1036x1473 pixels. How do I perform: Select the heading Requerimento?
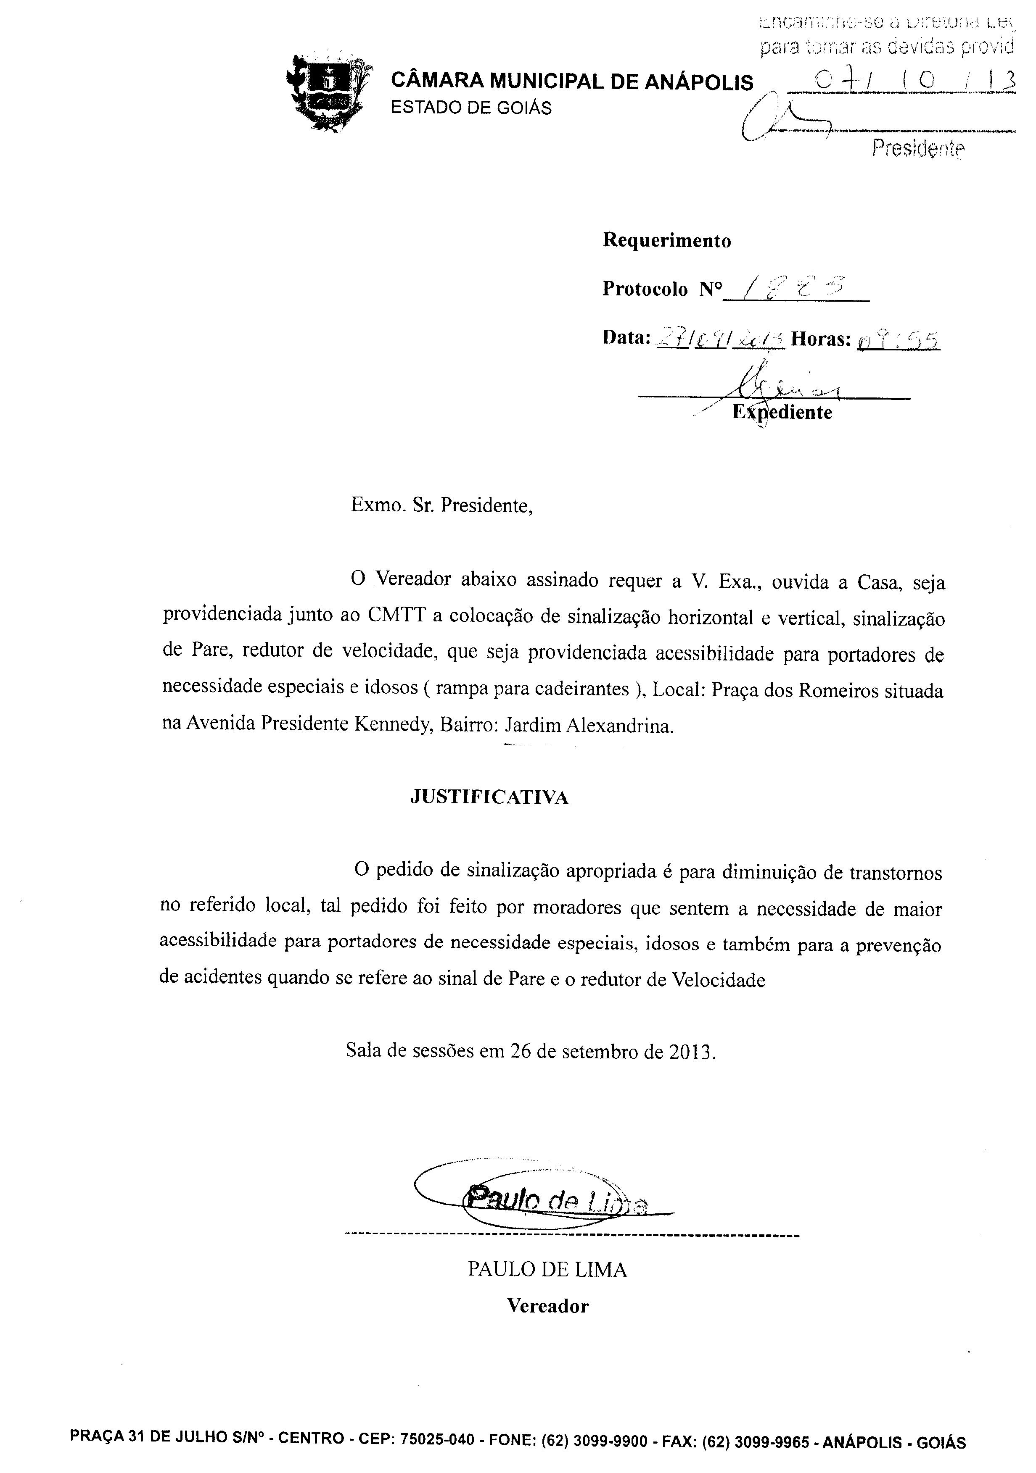(667, 241)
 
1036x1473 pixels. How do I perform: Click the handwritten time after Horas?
(898, 337)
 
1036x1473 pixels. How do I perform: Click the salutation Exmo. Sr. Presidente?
(441, 506)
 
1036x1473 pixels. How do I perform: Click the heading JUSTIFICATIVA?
(489, 797)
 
